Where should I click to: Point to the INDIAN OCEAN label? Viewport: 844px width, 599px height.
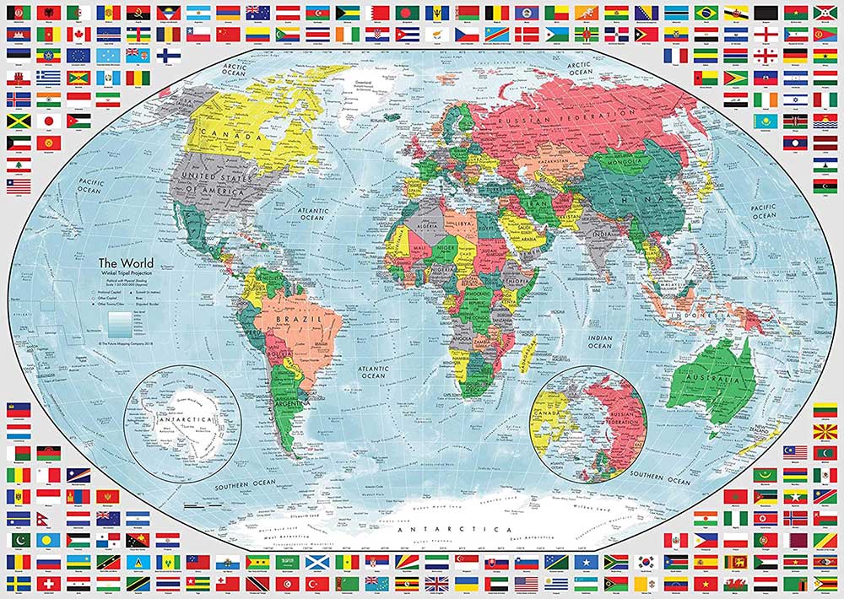(599, 341)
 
